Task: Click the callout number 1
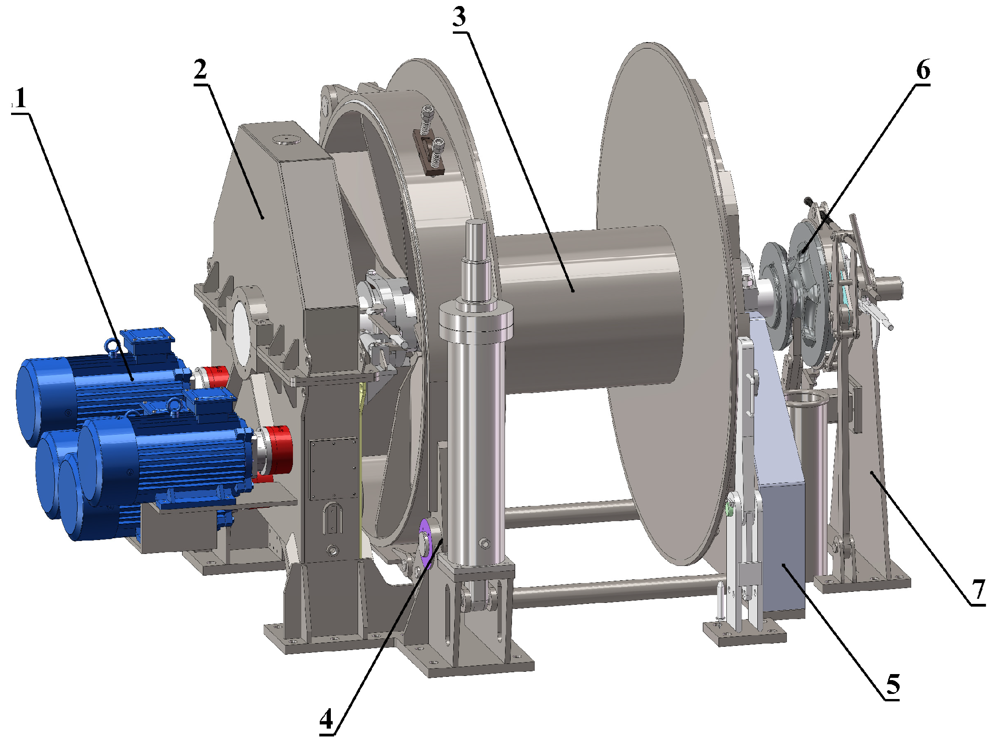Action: pyautogui.click(x=20, y=98)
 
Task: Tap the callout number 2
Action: pyautogui.click(x=201, y=70)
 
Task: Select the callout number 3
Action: pyautogui.click(x=459, y=17)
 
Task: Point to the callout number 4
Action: pyautogui.click(x=326, y=719)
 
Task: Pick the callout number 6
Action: pyautogui.click(x=923, y=70)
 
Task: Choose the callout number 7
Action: pyautogui.click(x=979, y=590)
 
